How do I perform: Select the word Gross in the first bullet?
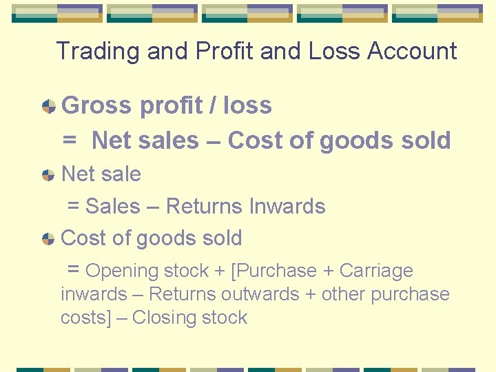pyautogui.click(x=96, y=105)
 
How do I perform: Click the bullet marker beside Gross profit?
pyautogui.click(x=48, y=106)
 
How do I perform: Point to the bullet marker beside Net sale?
pyautogui.click(x=48, y=174)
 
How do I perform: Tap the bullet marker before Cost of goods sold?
pyautogui.click(x=48, y=239)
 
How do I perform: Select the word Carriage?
pyautogui.click(x=376, y=271)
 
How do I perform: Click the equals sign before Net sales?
pyautogui.click(x=70, y=141)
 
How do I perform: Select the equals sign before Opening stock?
pyautogui.click(x=74, y=269)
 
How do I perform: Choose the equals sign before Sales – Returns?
pyautogui.click(x=73, y=206)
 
